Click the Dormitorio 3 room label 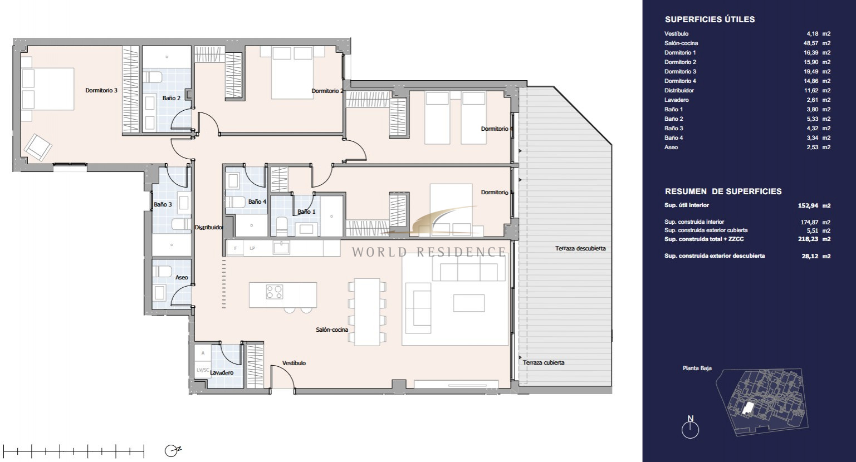coord(101,91)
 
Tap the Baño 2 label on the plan coord(171,98)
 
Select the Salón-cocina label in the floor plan coord(332,330)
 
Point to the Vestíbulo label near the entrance coord(294,363)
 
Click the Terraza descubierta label coord(580,248)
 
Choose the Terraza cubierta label coord(544,362)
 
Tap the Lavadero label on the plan coord(222,372)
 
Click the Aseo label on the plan coord(182,278)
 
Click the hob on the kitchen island coord(275,292)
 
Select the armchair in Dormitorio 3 coord(38,147)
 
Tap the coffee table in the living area coord(469,303)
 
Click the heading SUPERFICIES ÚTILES coord(710,19)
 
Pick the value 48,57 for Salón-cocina coord(811,43)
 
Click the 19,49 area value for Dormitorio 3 coord(811,71)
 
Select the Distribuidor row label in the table coord(679,91)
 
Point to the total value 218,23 coord(809,239)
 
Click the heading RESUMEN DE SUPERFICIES coord(723,191)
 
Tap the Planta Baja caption coord(697,368)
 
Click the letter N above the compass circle coord(691,419)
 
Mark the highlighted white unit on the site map coord(747,409)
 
